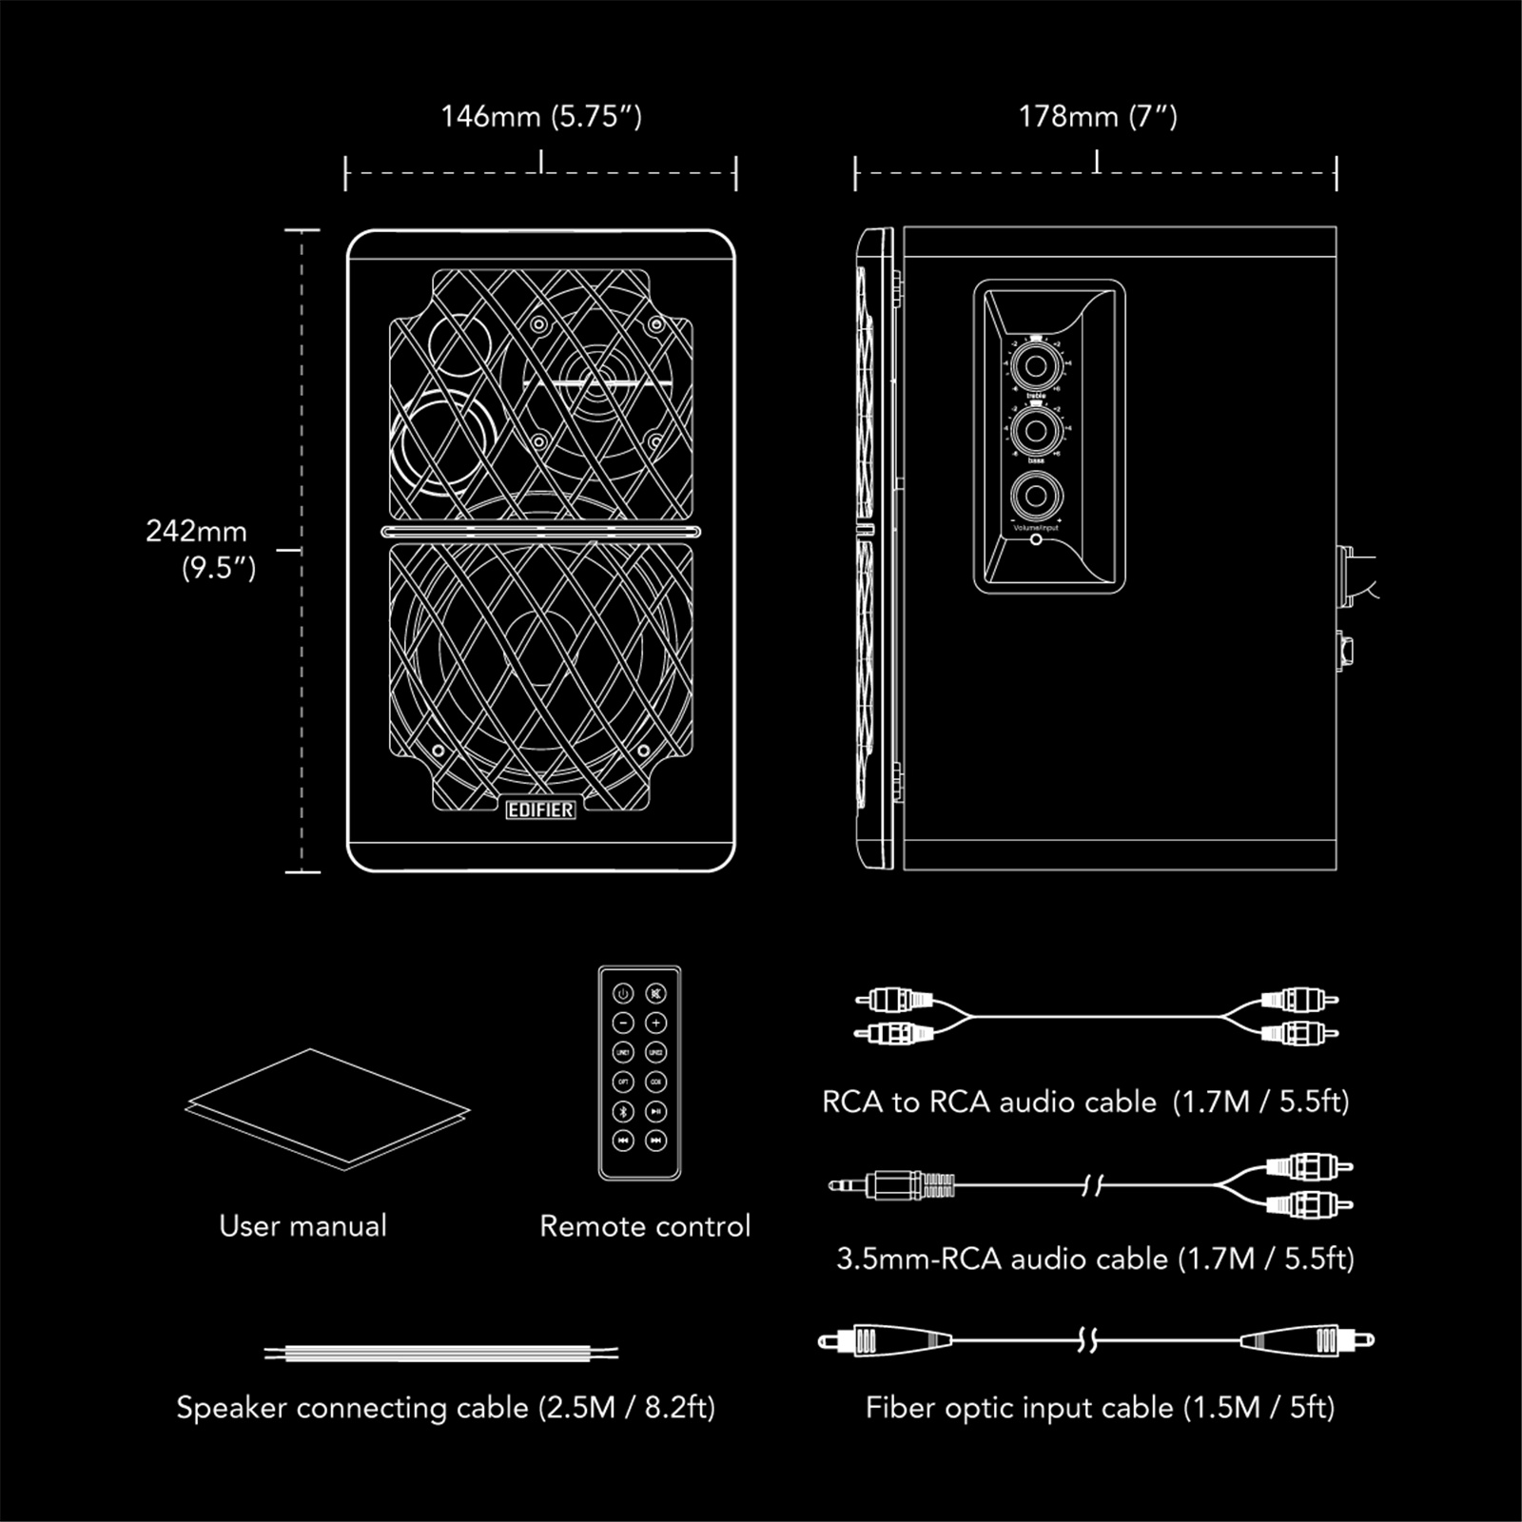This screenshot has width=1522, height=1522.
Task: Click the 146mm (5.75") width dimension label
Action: pyautogui.click(x=541, y=117)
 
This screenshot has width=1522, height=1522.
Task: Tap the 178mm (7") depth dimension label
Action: pyautogui.click(x=1098, y=117)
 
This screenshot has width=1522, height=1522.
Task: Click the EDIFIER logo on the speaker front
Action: pyautogui.click(x=540, y=810)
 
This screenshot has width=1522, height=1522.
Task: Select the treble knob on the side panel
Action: pyautogui.click(x=1036, y=366)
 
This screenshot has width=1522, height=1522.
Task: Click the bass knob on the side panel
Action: pyautogui.click(x=1036, y=432)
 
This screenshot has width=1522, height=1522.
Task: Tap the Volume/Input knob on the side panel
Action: pyautogui.click(x=1036, y=497)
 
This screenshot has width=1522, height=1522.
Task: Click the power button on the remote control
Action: pyautogui.click(x=623, y=994)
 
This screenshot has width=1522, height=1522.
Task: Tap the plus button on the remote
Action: pyautogui.click(x=655, y=1024)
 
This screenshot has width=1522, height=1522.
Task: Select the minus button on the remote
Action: pyautogui.click(x=623, y=1024)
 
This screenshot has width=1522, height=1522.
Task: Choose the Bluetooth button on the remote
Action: pyautogui.click(x=623, y=1111)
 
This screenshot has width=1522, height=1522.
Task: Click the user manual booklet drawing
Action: pyautogui.click(x=326, y=1108)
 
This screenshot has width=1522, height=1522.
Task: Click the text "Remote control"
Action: pyautogui.click(x=645, y=1226)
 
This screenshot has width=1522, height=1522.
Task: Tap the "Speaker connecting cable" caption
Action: pyautogui.click(x=445, y=1407)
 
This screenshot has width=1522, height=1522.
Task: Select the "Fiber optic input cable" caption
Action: pyautogui.click(x=1100, y=1407)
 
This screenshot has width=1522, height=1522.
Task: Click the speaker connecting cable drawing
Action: pyautogui.click(x=441, y=1353)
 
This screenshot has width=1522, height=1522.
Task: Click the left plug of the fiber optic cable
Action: pyautogui.click(x=885, y=1341)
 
